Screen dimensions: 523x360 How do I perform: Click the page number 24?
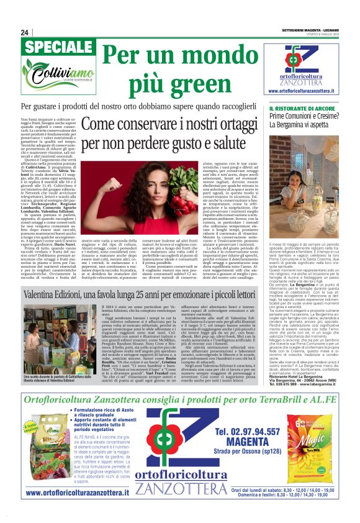(x=25, y=32)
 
